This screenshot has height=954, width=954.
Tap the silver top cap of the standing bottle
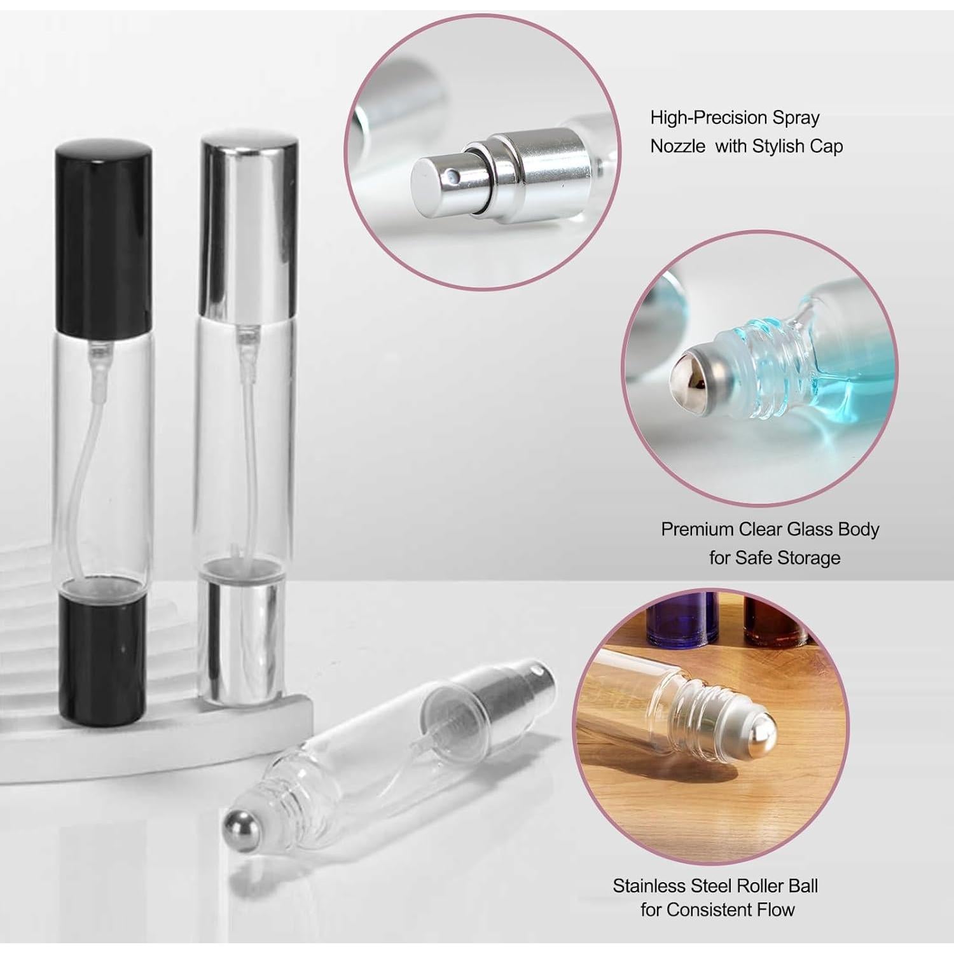point(249,226)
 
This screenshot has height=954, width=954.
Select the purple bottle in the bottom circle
point(682,623)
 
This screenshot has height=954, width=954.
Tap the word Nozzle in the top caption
point(677,146)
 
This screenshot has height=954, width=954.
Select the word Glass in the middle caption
point(810,529)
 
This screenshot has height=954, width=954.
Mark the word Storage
point(809,558)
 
